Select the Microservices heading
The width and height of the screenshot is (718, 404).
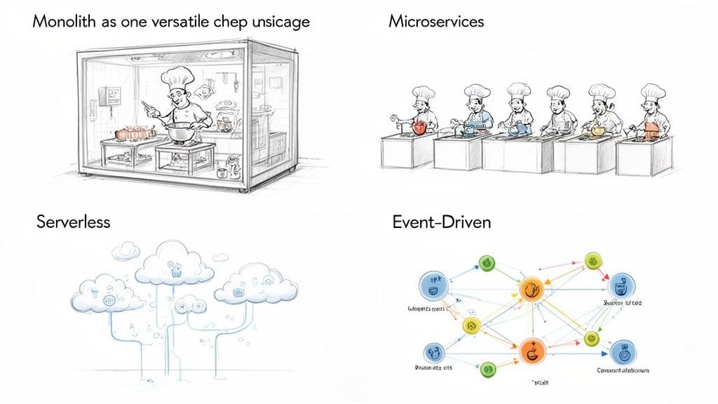pyautogui.click(x=436, y=22)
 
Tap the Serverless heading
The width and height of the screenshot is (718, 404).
pyautogui.click(x=73, y=222)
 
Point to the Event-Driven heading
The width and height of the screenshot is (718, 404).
pyautogui.click(x=442, y=223)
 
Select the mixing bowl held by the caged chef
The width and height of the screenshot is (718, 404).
pyautogui.click(x=182, y=130)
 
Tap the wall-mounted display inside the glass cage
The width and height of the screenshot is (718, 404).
pyautogui.click(x=110, y=95)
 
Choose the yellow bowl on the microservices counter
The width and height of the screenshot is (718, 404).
pyautogui.click(x=597, y=130)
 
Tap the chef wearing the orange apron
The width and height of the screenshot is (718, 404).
pyautogui.click(x=652, y=116)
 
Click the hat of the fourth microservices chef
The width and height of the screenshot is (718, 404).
pyautogui.click(x=558, y=93)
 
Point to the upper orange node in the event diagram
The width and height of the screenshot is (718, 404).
pyautogui.click(x=530, y=288)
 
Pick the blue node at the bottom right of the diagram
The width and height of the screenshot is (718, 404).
pyautogui.click(x=622, y=351)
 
